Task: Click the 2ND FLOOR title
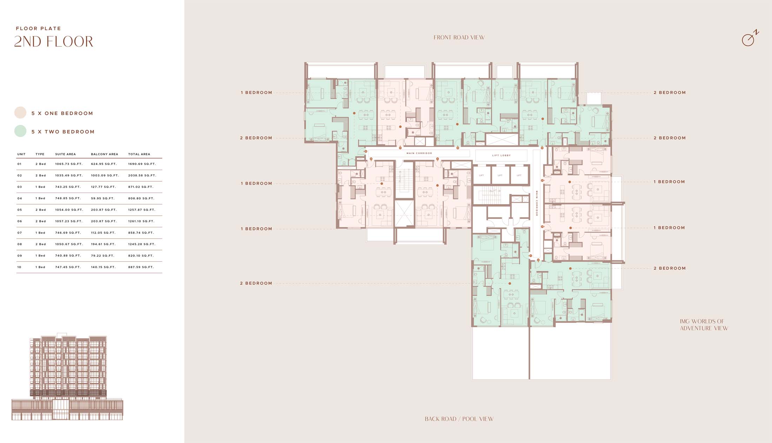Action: point(54,42)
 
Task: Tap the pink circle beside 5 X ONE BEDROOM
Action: point(20,113)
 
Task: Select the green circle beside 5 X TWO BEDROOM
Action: point(20,131)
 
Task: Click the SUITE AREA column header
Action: point(65,154)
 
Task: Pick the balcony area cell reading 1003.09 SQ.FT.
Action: point(105,175)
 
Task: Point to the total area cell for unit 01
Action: point(142,164)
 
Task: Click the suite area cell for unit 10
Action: point(68,267)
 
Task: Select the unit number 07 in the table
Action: point(19,233)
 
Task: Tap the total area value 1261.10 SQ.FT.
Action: point(141,221)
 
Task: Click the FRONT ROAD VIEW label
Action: point(459,38)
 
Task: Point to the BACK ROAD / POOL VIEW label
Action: point(459,419)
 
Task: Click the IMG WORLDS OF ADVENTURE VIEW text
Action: point(704,325)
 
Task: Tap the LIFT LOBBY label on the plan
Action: point(501,155)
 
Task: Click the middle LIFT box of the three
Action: point(500,175)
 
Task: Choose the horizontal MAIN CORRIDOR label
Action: point(419,153)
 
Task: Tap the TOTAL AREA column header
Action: point(139,154)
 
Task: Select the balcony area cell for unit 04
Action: point(102,198)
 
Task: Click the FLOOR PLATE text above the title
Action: point(38,28)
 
